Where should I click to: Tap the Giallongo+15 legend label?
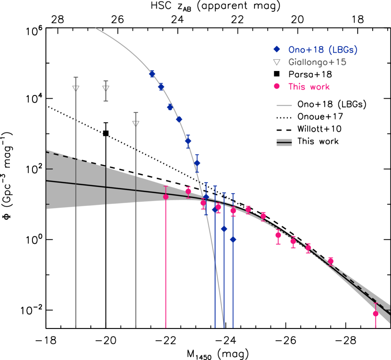point(317,62)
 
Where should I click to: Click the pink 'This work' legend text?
point(309,87)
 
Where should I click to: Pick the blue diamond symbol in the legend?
point(277,49)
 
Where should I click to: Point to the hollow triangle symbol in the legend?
point(277,62)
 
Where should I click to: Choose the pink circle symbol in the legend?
point(277,86)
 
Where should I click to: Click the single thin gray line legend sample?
point(284,106)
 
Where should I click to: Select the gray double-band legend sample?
point(284,142)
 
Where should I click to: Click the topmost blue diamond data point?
point(152,74)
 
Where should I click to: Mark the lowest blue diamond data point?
point(233,239)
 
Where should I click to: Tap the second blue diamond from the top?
point(161,87)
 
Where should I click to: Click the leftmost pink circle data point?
point(166,196)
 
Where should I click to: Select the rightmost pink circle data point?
point(375,313)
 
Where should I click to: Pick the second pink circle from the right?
point(331,261)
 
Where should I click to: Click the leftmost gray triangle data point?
point(76,88)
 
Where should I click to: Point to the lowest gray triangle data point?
point(136,124)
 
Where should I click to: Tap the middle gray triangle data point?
point(106,88)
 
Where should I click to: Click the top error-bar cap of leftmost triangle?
point(76,77)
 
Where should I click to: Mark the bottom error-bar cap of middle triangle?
point(106,101)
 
